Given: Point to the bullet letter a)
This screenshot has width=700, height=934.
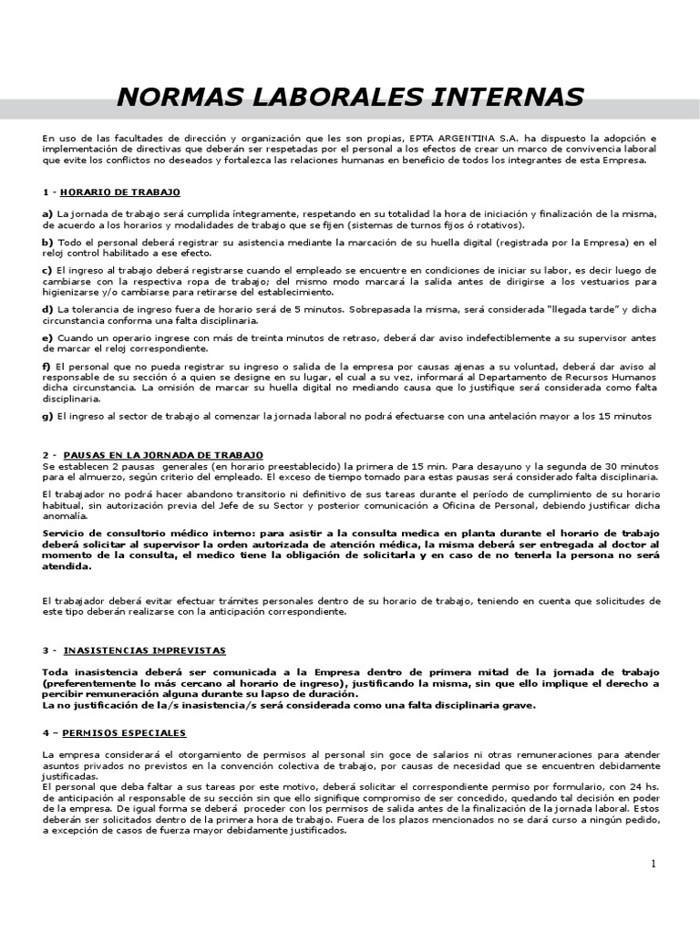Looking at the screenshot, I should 47,213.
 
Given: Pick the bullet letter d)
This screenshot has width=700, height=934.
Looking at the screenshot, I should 47,309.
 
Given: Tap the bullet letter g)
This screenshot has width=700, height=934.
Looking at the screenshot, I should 47,416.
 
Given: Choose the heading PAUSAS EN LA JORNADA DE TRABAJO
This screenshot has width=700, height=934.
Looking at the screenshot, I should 164,454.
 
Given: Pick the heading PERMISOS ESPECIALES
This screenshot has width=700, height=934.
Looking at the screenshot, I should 125,733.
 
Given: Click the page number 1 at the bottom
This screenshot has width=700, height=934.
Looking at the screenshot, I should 654,865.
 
